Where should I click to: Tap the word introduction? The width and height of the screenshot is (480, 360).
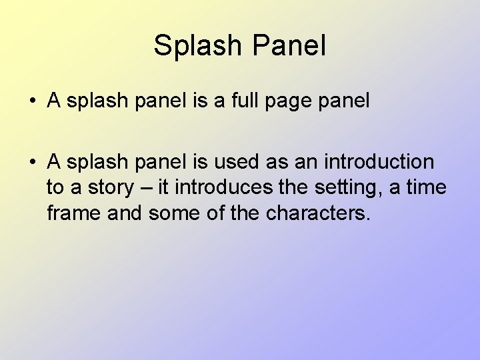click(379, 162)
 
